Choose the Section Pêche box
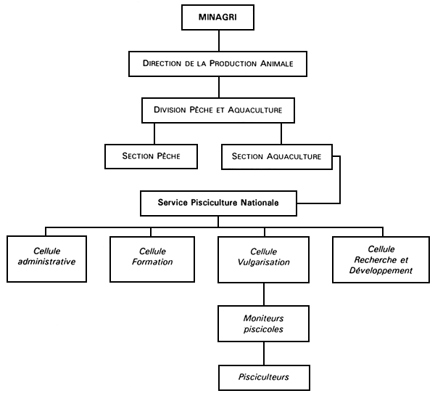(150, 156)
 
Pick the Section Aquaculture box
(276, 156)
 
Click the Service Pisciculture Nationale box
(218, 203)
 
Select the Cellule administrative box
(46, 257)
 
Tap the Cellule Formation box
(152, 257)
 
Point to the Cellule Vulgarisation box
(264, 257)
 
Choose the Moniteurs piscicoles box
(264, 324)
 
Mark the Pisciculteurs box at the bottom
(264, 378)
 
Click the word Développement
(381, 270)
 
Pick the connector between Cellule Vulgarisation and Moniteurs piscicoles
(264, 294)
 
